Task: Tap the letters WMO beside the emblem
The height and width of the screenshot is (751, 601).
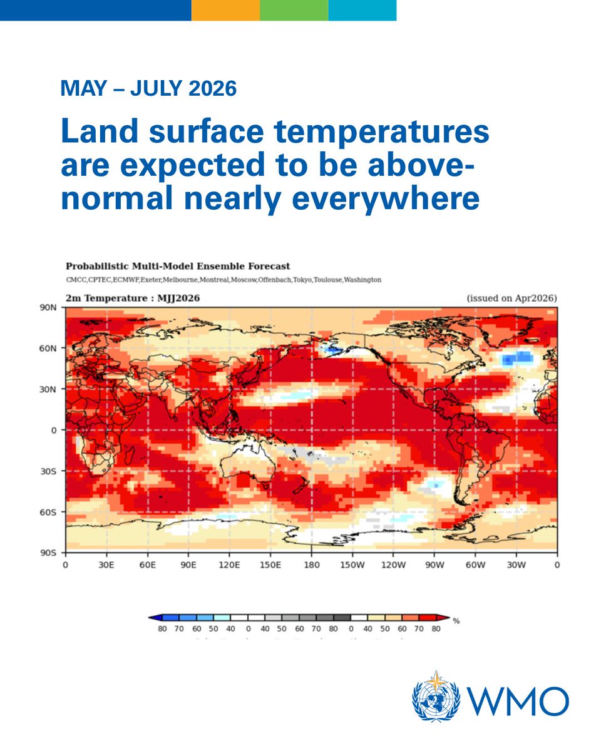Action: [515, 700]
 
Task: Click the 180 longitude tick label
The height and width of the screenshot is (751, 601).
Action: [312, 565]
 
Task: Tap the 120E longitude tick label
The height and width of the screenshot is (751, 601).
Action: [230, 565]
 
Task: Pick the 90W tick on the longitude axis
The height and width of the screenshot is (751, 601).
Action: [434, 565]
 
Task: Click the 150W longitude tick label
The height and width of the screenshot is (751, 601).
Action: [352, 565]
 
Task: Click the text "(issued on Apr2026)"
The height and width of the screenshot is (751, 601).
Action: [511, 299]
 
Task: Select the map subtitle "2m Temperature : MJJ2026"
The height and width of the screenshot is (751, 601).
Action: [132, 299]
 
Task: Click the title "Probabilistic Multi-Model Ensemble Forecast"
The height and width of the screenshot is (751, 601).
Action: [177, 267]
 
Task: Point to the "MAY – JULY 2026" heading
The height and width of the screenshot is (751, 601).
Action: [148, 89]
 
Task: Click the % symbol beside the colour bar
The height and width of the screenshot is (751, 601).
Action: [456, 621]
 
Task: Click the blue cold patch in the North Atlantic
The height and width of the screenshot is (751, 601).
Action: [517, 358]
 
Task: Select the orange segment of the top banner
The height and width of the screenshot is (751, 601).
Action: [225, 10]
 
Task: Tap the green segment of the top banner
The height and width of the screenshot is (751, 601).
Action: [294, 10]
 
